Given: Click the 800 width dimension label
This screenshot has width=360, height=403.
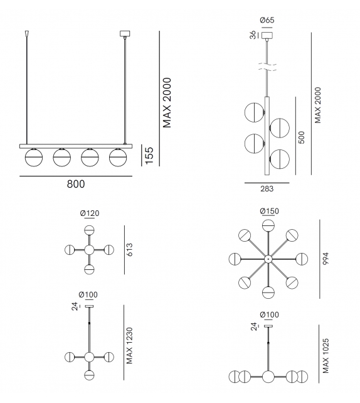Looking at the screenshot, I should coord(75,184).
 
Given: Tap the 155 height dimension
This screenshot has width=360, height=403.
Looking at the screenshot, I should coord(149,154).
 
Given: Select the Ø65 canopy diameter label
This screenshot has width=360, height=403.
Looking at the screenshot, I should coord(267,20).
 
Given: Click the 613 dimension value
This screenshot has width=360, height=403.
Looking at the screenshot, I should coord(130,249).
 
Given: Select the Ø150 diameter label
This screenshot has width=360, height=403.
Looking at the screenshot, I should coord(268,210).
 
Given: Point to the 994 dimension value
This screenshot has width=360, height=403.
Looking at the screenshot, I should coord(325,259).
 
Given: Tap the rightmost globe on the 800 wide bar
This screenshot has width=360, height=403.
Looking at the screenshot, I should coord(117,156).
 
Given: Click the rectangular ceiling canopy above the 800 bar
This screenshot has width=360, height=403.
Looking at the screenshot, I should coord(124,34).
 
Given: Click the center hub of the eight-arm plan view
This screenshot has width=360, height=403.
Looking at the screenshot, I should coord(268,259).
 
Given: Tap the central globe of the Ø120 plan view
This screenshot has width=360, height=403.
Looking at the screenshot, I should coord(89,250).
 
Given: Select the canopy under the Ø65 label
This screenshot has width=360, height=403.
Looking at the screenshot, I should coord(267,35).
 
